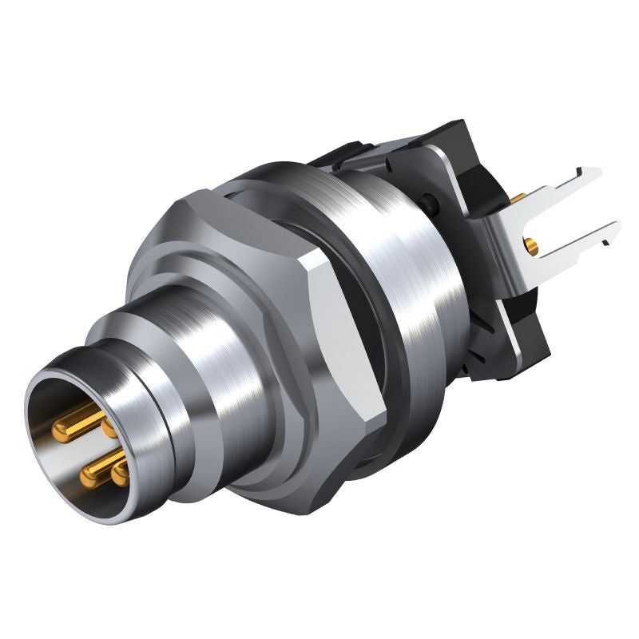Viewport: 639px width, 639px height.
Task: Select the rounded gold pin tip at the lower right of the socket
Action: click(x=121, y=474)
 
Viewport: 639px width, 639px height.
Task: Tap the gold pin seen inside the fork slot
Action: click(x=531, y=246)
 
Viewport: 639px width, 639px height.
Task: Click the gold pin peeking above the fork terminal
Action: click(x=518, y=197)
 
